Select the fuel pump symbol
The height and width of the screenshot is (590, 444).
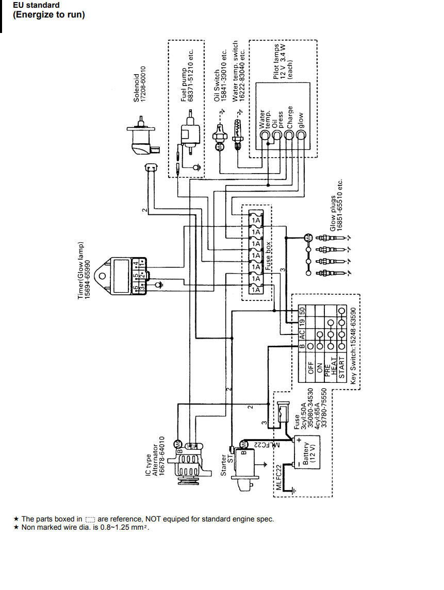click(189, 134)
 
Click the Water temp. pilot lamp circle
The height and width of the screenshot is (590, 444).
click(265, 136)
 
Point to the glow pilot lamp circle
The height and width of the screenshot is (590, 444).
click(302, 136)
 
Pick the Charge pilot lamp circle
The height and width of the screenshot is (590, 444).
click(289, 136)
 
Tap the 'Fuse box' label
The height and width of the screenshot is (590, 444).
click(268, 257)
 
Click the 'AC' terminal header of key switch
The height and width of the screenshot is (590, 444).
click(303, 333)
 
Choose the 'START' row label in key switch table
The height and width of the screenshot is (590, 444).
click(341, 368)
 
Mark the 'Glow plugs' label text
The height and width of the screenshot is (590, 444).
click(333, 213)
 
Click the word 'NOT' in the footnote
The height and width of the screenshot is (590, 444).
click(155, 519)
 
